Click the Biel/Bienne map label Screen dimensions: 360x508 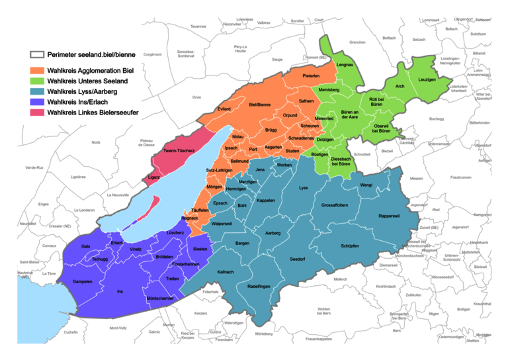pyautogui.click(x=260, y=105)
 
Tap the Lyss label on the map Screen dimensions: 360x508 pyautogui.click(x=304, y=188)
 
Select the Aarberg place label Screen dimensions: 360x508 pyautogui.click(x=273, y=233)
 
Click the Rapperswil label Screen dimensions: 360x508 pyautogui.click(x=390, y=216)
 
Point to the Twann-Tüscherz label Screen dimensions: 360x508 pyautogui.click(x=179, y=151)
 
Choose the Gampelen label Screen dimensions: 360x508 pyautogui.click(x=83, y=281)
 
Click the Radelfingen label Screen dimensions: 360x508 pyautogui.click(x=259, y=286)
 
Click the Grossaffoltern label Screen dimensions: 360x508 pyautogui.click(x=335, y=205)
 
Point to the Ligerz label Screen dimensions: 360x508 pyautogui.click(x=153, y=177)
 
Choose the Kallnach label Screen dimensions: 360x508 pyautogui.click(x=226, y=271)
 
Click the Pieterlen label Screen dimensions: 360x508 pyautogui.click(x=312, y=77)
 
